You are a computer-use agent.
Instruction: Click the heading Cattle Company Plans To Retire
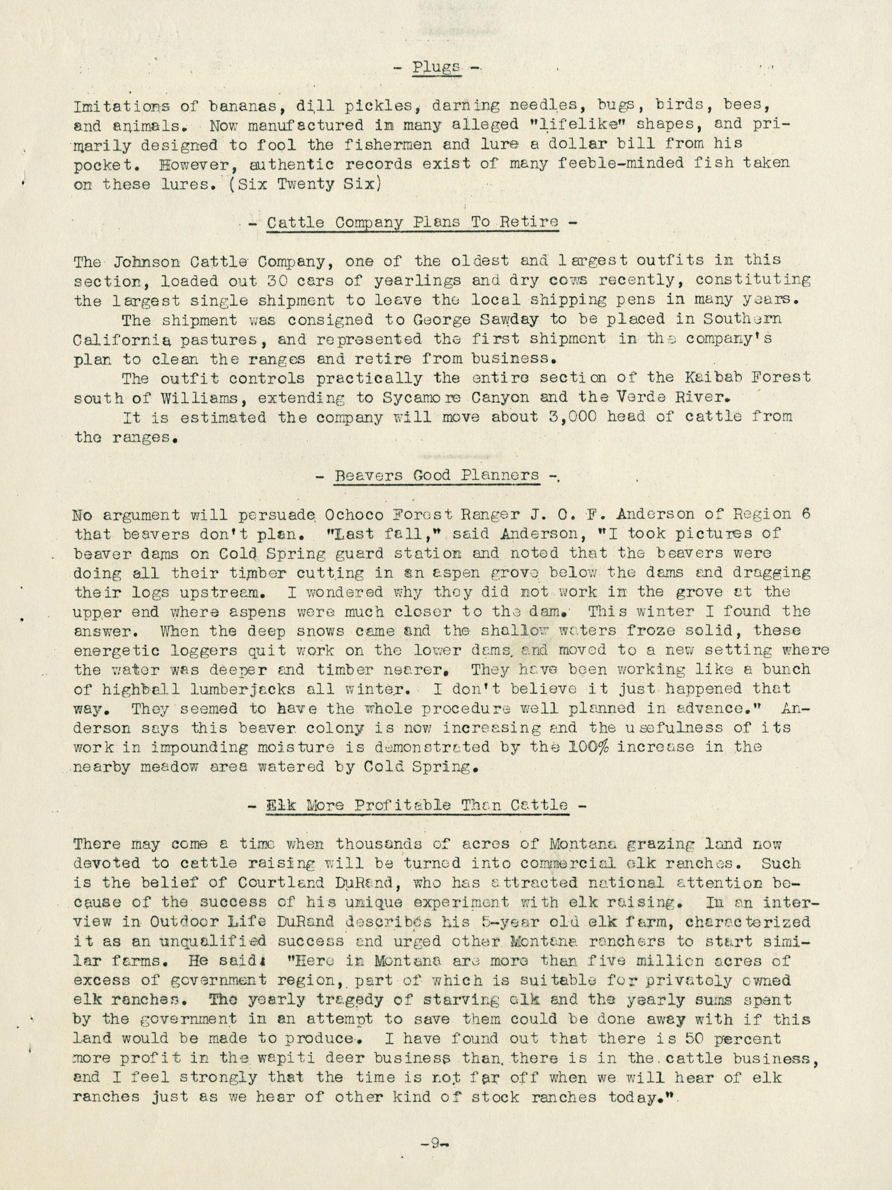(412, 223)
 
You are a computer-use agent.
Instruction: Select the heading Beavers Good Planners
(436, 475)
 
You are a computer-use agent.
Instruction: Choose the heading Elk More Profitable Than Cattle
(418, 805)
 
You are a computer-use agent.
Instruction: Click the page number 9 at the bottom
(436, 1140)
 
